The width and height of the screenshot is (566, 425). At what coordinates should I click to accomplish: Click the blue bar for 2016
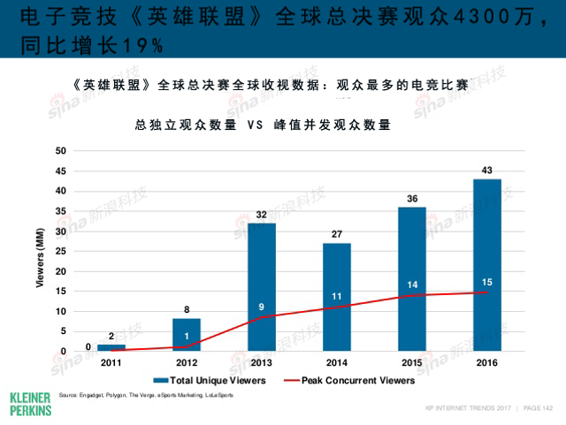487,265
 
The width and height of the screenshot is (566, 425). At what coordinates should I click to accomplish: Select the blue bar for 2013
262,287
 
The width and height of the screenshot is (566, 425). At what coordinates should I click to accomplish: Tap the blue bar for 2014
337,297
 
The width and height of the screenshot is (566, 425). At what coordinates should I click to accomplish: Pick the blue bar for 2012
187,335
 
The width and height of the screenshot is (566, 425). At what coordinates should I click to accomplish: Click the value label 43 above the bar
487,170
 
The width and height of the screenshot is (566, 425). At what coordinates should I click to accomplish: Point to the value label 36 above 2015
412,199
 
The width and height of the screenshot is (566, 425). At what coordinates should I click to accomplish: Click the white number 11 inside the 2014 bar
337,296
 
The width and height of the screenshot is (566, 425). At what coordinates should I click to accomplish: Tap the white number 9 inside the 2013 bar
262,307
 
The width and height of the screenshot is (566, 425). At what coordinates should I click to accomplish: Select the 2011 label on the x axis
111,363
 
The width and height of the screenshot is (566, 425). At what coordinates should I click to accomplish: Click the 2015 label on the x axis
412,363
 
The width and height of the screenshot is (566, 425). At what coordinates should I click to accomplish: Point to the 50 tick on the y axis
61,151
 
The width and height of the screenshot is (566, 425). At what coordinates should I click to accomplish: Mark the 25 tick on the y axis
61,251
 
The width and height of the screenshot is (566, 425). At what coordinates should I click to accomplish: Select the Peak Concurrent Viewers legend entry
349,381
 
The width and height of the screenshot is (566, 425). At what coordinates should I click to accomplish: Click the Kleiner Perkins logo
29,402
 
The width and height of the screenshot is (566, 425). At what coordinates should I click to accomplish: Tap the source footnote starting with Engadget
146,395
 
